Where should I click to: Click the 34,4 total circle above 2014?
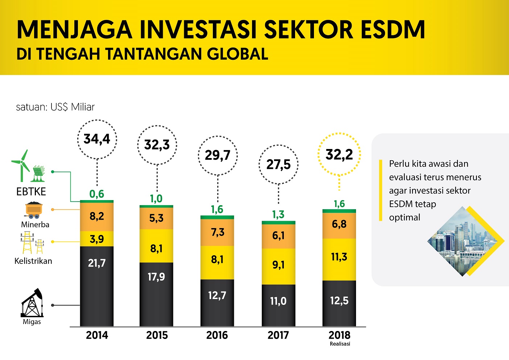point(97,139)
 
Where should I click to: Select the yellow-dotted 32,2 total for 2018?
point(339,154)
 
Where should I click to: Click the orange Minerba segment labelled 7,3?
point(218,232)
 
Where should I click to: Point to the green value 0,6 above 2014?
point(97,194)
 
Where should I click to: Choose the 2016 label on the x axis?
point(217,335)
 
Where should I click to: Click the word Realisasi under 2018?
point(340,344)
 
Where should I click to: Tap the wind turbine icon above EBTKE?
point(21,165)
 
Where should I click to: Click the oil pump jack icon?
point(32,303)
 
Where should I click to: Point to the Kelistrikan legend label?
point(33,261)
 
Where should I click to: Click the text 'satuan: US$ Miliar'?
point(55,107)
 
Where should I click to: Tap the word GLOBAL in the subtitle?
point(237,54)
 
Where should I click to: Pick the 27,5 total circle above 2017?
point(278,165)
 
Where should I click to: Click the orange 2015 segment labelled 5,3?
point(157,218)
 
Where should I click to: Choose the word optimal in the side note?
point(405,218)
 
